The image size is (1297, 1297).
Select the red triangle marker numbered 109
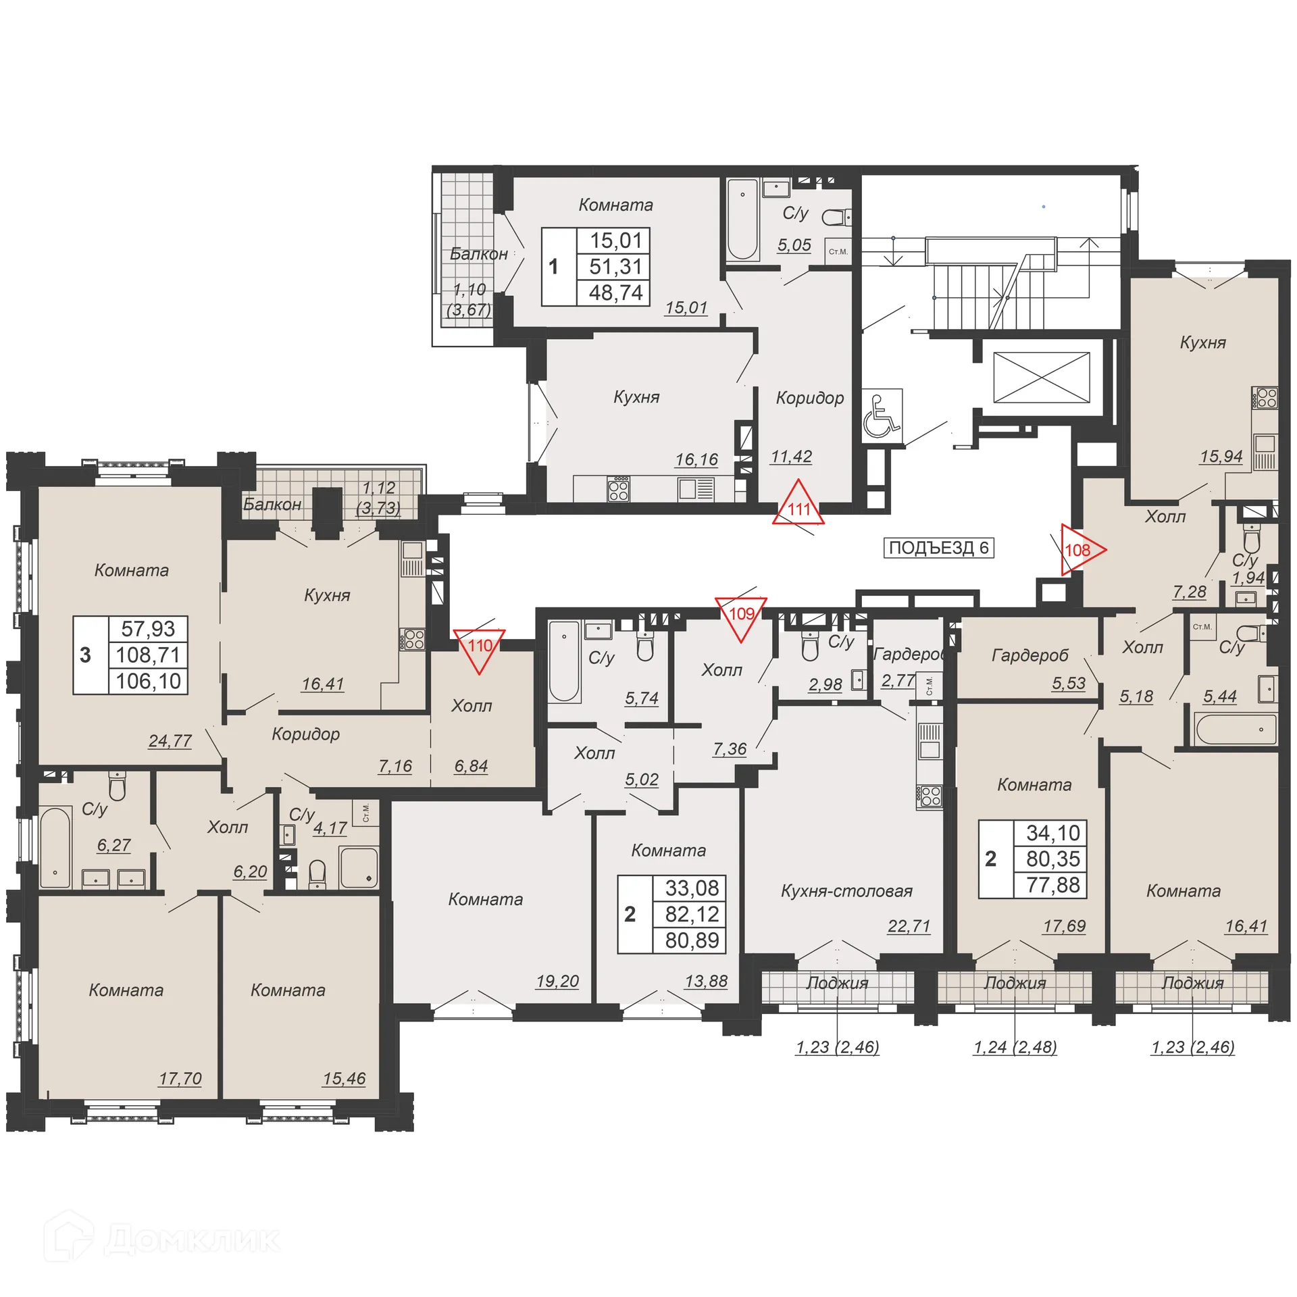pyautogui.click(x=741, y=615)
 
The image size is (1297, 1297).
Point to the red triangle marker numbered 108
pyautogui.click(x=1079, y=550)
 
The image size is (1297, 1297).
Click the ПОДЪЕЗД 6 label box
pyautogui.click(x=938, y=547)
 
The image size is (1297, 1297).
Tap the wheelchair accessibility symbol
pyautogui.click(x=882, y=416)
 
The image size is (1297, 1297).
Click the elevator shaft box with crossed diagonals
pyautogui.click(x=1041, y=377)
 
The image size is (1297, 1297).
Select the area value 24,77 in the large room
pyautogui.click(x=170, y=741)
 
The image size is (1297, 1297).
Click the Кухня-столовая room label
pyautogui.click(x=846, y=891)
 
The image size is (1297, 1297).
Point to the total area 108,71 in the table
pyautogui.click(x=148, y=655)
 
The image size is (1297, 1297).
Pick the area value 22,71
pyautogui.click(x=909, y=925)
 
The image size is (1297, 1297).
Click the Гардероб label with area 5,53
pyautogui.click(x=1029, y=655)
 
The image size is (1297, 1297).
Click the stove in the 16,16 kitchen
pyautogui.click(x=619, y=488)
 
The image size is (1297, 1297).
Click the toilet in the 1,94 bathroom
pyautogui.click(x=1252, y=539)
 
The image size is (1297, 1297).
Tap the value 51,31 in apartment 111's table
pyautogui.click(x=615, y=266)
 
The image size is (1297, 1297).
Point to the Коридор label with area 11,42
pyautogui.click(x=809, y=397)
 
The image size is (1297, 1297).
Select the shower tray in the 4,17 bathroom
pyautogui.click(x=358, y=867)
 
